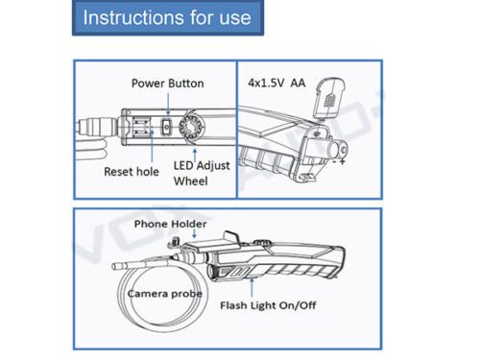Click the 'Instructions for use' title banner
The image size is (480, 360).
click(168, 17)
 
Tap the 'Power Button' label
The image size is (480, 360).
click(168, 84)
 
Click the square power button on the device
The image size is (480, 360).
click(166, 127)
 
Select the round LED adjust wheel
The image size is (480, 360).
click(191, 127)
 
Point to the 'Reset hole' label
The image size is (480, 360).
click(132, 172)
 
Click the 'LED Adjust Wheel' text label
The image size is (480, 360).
click(202, 173)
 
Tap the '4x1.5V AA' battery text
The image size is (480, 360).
click(276, 84)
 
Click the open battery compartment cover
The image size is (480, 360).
click(329, 98)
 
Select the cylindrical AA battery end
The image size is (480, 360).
click(338, 150)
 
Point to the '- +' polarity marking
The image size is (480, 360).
click(339, 161)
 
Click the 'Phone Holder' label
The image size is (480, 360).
click(170, 224)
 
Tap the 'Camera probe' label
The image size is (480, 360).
click(165, 294)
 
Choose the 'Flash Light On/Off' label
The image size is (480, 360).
click(268, 305)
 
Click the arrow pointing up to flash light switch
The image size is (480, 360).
click(252, 287)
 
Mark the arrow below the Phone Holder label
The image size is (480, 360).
click(194, 233)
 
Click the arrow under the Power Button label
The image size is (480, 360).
click(169, 104)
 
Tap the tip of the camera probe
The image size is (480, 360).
click(114, 266)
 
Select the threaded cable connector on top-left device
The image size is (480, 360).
click(98, 126)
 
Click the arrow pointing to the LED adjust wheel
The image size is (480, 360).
click(195, 156)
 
